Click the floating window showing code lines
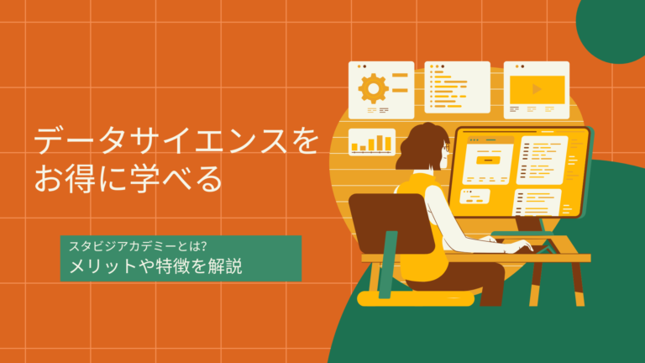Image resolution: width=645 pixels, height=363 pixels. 457,87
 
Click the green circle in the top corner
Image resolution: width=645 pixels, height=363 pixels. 613,25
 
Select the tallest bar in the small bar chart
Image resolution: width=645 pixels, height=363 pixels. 388,142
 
